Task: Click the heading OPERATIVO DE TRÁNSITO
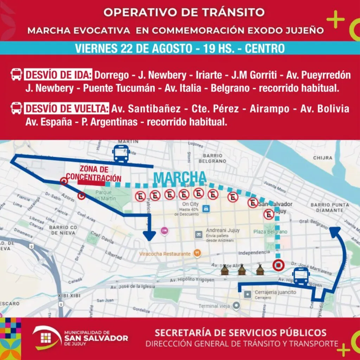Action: tap(184, 13)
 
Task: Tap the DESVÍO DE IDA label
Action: tap(58, 75)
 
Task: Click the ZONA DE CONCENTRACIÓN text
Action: tap(94, 173)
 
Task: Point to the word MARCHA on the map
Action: tap(180, 177)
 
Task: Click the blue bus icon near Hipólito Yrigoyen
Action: tap(301, 276)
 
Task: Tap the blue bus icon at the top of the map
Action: tap(121, 154)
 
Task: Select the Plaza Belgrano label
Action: tap(270, 232)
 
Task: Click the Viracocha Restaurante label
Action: tap(165, 253)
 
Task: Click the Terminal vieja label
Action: tap(214, 306)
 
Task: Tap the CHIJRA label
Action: tap(322, 158)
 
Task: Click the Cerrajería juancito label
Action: tap(276, 292)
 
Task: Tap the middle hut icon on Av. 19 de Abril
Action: tap(242, 270)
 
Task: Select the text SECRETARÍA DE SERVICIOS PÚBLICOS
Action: tap(240, 333)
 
